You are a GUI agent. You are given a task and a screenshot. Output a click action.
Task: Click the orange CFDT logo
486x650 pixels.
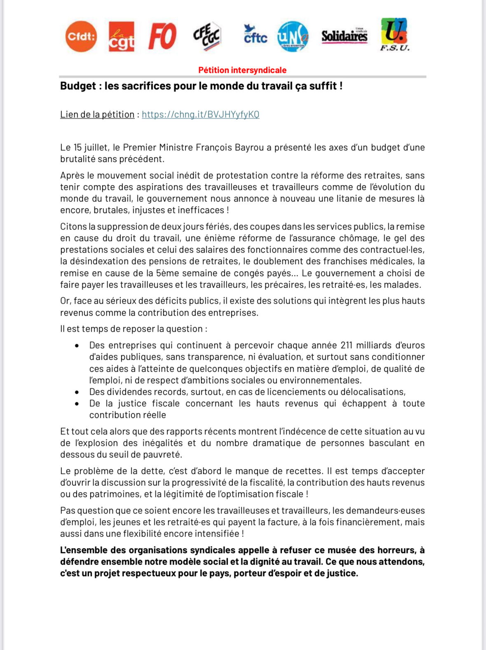(81, 37)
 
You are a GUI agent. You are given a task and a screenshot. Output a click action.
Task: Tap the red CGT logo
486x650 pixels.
(122, 37)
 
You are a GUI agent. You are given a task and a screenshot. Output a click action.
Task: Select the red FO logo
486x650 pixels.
(162, 37)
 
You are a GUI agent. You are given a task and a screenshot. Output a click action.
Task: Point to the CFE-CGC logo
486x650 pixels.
(207, 37)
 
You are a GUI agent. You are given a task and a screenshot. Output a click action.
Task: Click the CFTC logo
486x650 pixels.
(255, 35)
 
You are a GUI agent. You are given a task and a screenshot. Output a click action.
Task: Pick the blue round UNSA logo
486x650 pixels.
(293, 37)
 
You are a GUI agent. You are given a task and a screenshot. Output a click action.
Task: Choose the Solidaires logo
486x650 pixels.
(344, 36)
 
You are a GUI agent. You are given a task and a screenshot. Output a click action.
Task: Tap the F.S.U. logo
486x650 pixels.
(394, 35)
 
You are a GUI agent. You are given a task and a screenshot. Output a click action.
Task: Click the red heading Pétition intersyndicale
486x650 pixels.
(242, 70)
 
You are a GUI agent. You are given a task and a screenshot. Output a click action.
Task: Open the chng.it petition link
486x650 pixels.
(200, 115)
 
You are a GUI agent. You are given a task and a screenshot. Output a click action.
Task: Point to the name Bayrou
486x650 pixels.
(249, 148)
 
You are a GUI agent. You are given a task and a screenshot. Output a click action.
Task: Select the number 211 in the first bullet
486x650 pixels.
(346, 345)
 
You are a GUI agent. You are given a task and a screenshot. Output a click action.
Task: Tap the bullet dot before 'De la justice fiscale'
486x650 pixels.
(77, 404)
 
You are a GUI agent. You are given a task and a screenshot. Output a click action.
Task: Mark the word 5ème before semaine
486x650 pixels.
(167, 273)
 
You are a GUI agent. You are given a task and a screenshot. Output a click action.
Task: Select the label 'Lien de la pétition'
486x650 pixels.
(97, 115)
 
